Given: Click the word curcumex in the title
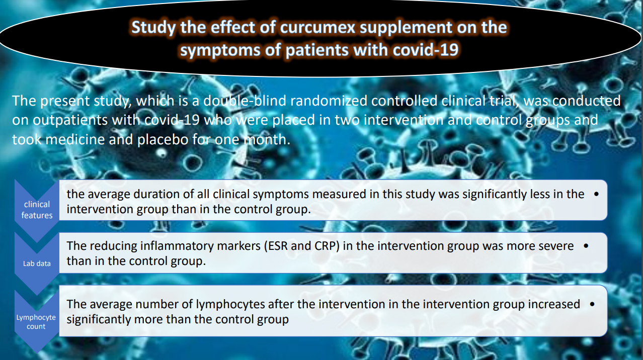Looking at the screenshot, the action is pos(318,28).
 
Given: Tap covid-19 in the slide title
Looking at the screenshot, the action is pos(426,50).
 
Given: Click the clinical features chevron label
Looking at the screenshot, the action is pos(37,210).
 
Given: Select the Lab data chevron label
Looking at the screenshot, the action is pos(37,263).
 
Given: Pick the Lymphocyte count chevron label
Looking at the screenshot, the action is pos(36,322).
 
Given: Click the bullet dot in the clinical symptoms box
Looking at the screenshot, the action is pos(596,194).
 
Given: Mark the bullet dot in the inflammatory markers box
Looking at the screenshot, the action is pos(586,246).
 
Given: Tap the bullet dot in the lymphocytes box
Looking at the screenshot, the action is pos(592,304).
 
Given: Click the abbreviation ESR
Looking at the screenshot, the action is pos(278,246).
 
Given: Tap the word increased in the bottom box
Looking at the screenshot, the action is pos(554,304).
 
